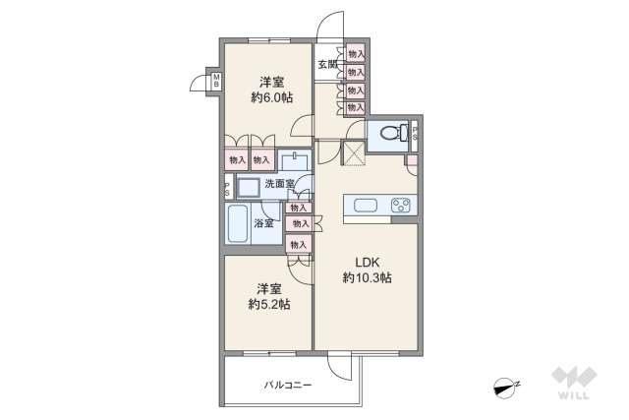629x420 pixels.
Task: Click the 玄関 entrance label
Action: [327, 66]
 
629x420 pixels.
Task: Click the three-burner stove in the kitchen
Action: [403, 206]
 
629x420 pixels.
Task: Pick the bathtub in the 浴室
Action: [237, 224]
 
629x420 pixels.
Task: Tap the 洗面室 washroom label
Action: [280, 184]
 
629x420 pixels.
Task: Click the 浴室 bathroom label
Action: [264, 223]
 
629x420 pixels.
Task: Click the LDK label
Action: [367, 262]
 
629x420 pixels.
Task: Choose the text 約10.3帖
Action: [368, 278]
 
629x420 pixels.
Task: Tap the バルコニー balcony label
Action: [287, 385]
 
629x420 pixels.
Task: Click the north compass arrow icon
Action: [506, 388]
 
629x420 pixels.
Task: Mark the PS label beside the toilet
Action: [416, 133]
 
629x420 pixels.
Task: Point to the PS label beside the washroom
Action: [227, 189]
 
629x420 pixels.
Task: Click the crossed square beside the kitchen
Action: [353, 151]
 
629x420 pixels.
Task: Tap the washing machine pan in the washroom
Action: [249, 187]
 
